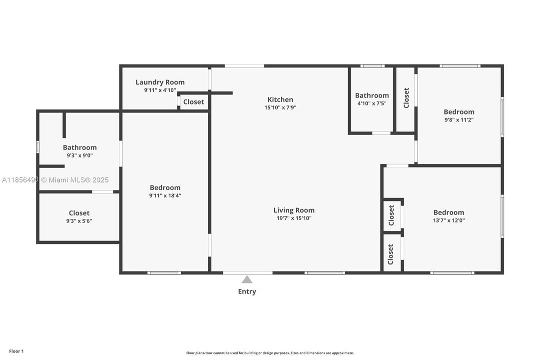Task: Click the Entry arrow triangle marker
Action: pos(247,279)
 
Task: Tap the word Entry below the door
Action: pos(247,291)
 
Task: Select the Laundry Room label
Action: pos(160,82)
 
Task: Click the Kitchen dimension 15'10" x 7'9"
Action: pos(280,107)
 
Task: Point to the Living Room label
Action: pos(294,210)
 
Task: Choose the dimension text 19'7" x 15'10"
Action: pos(294,218)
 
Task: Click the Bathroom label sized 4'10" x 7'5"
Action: pos(372,95)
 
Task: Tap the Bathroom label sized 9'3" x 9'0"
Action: pos(79,147)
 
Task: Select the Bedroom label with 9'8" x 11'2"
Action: pos(459,112)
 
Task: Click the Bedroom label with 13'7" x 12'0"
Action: pos(449,212)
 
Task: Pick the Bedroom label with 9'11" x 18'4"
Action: pos(165,188)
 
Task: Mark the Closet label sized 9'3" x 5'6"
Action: pos(79,213)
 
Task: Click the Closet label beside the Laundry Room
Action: pos(193,102)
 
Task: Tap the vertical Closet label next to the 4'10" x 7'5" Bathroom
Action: pos(406,98)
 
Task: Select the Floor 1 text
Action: pos(16,351)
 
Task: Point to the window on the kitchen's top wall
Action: pos(244,65)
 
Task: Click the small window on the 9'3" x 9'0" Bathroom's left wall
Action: pos(37,147)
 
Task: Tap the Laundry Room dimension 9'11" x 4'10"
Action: pos(160,90)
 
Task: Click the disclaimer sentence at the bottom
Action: pos(270,353)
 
